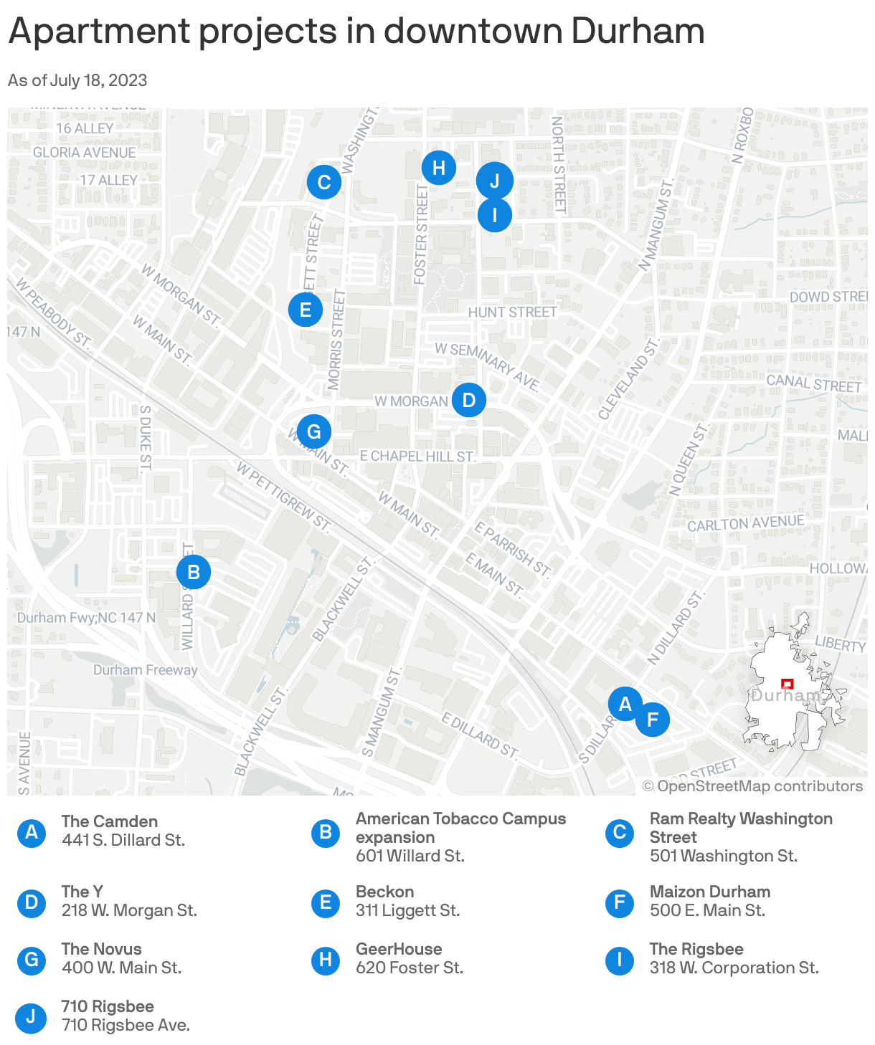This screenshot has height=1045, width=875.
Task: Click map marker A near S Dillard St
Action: pos(625,704)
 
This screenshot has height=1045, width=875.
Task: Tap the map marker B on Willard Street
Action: pos(194,572)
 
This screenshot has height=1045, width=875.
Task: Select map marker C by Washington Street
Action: pos(324,182)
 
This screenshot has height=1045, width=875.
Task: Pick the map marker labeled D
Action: pos(469,400)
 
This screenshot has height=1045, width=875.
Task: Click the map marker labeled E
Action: pos(306,310)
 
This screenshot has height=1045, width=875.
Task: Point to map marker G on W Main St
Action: pos(314,431)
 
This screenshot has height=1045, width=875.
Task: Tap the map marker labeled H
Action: pos(439,168)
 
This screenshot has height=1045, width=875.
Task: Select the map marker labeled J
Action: pos(495,181)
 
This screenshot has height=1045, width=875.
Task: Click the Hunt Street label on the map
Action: pos(512,312)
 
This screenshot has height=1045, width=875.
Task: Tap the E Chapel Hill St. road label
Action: pos(417,456)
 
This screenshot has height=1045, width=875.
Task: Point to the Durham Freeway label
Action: pos(145,670)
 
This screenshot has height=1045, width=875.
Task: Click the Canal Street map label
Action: pos(813,383)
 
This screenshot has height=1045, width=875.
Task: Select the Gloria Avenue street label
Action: pos(85,152)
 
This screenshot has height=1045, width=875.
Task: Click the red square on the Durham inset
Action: pos(787,684)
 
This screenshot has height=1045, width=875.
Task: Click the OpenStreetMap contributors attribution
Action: pos(752,786)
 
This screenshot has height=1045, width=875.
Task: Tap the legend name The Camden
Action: pos(110,821)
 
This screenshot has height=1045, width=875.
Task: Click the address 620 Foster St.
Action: pos(410,968)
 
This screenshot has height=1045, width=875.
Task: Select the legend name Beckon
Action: pos(385,892)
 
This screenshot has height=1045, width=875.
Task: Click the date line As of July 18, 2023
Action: pos(77,80)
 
